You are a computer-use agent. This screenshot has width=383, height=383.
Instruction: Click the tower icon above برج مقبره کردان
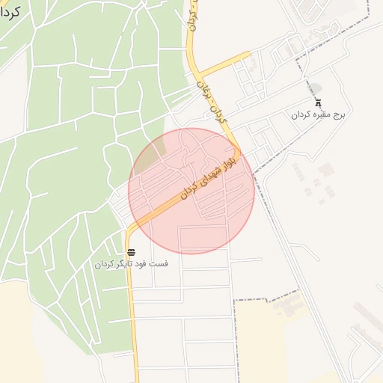(318, 104)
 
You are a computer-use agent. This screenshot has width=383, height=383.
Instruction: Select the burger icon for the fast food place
(131, 252)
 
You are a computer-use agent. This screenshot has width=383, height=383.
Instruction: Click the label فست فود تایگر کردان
(131, 264)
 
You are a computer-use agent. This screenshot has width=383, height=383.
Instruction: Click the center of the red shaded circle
(191, 191)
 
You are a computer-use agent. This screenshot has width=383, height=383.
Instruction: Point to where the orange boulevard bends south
(133, 229)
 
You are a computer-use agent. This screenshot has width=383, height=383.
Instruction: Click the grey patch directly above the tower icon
(316, 88)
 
